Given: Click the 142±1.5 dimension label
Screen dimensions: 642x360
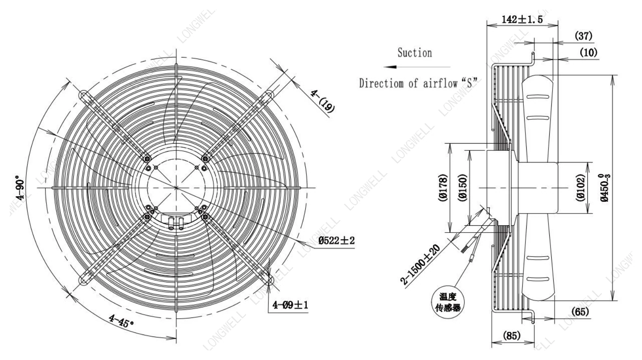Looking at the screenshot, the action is pos(522,19).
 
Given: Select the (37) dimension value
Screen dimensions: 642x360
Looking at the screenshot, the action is pos(584,36).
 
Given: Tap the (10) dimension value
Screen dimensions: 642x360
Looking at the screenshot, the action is pos(589,53).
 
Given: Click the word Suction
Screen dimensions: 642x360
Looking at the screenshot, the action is pos(415,53).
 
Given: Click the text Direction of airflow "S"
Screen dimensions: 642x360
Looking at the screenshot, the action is pos(419,83).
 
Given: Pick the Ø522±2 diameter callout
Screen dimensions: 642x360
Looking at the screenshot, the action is pos(336,241).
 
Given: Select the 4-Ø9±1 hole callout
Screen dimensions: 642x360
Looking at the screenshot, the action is pos(290,305).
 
